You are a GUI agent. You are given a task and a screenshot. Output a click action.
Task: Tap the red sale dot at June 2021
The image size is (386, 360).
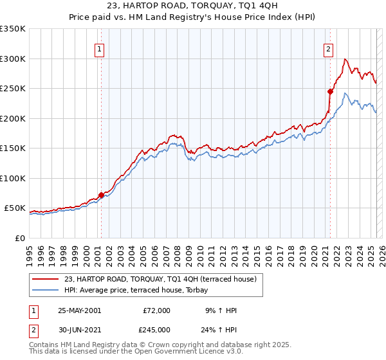coord(330,91)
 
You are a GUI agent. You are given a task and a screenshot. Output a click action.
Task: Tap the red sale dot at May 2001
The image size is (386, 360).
coord(101,195)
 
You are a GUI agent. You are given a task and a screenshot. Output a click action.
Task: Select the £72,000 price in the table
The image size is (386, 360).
coord(156,310)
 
